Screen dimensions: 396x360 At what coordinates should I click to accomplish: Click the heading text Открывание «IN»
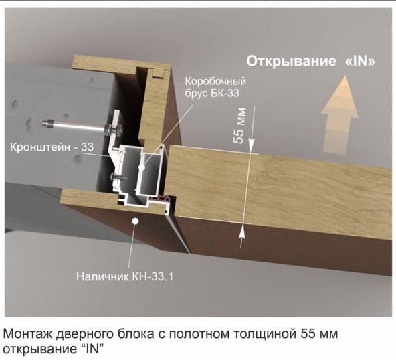310,62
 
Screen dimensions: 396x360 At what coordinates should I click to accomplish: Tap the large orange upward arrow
339,114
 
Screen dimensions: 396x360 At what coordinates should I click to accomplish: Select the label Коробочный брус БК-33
215,88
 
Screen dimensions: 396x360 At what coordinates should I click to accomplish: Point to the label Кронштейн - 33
52,147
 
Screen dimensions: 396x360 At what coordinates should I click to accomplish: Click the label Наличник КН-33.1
124,276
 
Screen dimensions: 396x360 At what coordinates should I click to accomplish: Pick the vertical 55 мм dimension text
240,126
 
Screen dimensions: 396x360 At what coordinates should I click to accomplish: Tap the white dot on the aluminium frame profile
142,167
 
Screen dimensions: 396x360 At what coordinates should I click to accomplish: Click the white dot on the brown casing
136,221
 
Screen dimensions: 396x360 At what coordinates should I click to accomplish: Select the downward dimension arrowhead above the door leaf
252,146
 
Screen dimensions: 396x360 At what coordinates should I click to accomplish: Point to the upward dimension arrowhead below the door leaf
241,231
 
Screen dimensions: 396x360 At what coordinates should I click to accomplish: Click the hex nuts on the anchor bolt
114,130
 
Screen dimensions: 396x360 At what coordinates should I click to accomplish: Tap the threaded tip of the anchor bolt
47,124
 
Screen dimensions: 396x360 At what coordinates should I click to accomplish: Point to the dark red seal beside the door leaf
159,199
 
